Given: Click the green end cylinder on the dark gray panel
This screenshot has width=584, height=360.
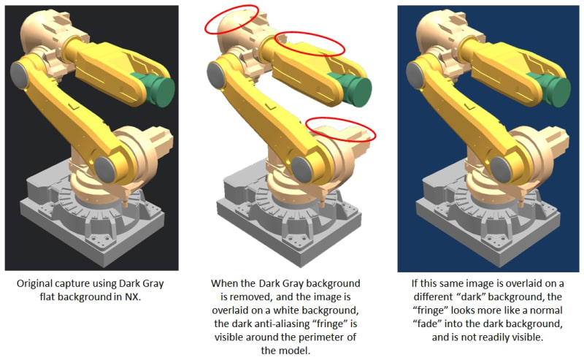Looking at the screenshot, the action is (155, 89).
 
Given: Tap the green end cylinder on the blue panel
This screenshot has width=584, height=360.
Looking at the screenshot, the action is (550, 89).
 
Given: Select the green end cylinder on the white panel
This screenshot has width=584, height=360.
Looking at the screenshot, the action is (352, 89).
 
